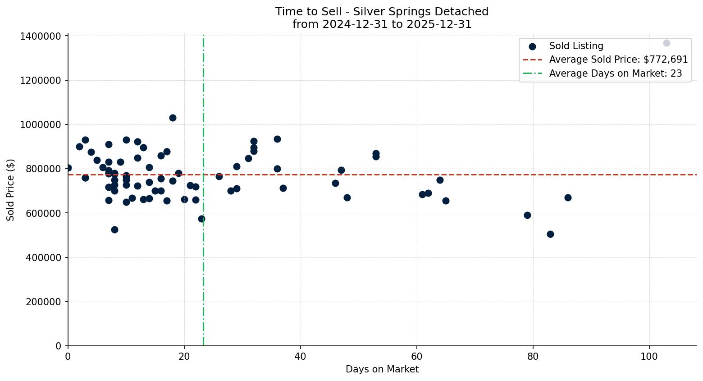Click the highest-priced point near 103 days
(666, 43)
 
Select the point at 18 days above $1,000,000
(173, 118)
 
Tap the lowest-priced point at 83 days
(550, 234)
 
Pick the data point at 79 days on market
(527, 215)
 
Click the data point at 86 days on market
(568, 197)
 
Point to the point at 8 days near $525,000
(114, 230)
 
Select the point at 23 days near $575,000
(201, 219)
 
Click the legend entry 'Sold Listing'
(576, 46)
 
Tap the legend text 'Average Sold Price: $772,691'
(618, 60)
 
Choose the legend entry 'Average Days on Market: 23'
(615, 73)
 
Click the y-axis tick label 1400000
(41, 37)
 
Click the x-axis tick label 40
(301, 356)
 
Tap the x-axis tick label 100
(649, 356)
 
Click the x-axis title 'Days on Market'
(382, 369)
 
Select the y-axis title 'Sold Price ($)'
(11, 190)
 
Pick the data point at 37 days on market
(283, 188)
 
